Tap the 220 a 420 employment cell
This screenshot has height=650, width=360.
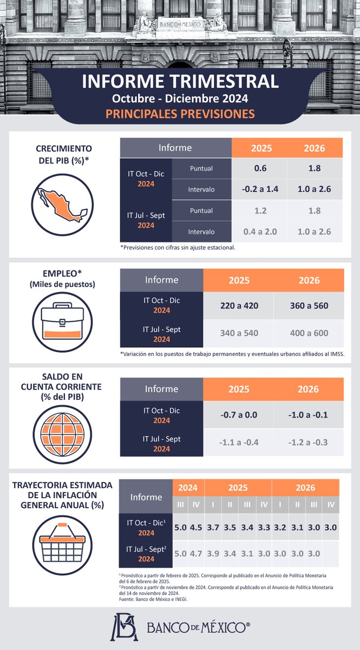click(x=239, y=305)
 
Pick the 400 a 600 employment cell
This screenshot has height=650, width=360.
click(x=309, y=333)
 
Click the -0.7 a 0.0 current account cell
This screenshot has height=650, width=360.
click(x=239, y=415)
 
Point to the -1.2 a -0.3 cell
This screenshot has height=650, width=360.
click(x=309, y=442)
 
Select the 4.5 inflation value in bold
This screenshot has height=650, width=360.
click(x=196, y=526)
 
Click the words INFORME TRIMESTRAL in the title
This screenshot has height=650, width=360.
click(x=180, y=82)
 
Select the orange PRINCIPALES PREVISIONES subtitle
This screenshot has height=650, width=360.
click(x=180, y=114)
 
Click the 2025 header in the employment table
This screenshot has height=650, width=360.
click(x=239, y=280)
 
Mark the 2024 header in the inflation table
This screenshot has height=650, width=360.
click(x=188, y=487)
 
